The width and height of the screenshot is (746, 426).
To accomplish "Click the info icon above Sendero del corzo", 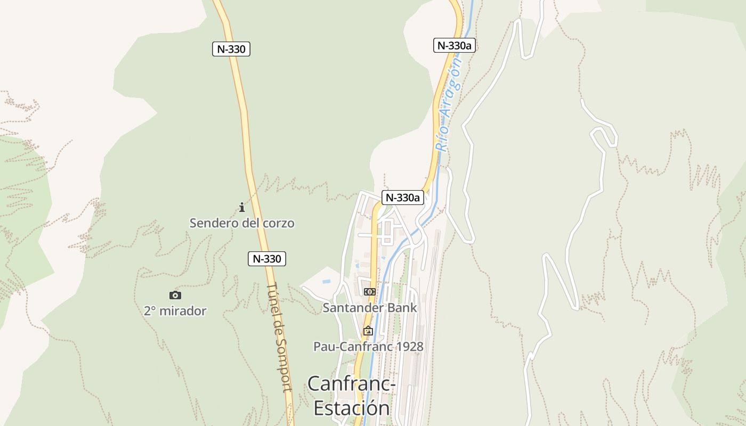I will tap(241, 207).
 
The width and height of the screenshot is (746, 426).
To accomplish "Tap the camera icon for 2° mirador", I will tap(175, 295).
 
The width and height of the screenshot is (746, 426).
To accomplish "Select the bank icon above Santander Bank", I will tap(369, 292).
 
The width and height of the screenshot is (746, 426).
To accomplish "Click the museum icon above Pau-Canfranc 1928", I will tap(368, 331).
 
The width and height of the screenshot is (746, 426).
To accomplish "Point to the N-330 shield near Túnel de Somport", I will tap(267, 259).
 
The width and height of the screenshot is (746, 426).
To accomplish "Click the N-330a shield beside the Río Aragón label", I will tap(454, 46).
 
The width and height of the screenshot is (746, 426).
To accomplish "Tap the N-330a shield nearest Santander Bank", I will tap(403, 198).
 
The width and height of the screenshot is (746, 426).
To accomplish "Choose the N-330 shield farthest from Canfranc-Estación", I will tap(231, 50).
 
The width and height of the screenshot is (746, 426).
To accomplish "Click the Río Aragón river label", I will tap(448, 104).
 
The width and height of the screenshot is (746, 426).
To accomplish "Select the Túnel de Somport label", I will tap(279, 337).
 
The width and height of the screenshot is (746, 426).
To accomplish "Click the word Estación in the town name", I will tap(352, 408).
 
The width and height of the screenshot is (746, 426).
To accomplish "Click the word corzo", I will tap(278, 223).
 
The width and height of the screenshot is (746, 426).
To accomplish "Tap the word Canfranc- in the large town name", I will tap(352, 383).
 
